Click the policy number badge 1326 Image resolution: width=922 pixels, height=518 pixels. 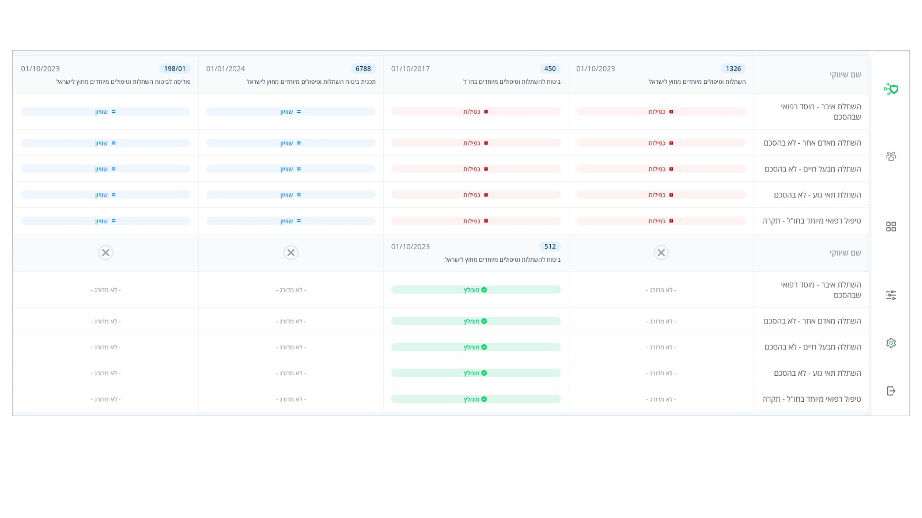(x=733, y=69)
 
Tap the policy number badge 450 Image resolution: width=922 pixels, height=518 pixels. (x=550, y=69)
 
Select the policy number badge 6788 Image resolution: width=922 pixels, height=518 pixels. (x=363, y=69)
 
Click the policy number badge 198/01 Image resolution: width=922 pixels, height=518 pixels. (x=174, y=69)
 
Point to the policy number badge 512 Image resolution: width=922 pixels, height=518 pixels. (x=550, y=246)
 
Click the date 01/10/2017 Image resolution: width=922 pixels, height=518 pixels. (x=410, y=69)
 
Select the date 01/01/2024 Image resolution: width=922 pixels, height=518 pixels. (x=225, y=69)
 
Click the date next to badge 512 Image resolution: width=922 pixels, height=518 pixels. (x=410, y=246)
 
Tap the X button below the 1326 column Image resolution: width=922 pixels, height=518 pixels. (x=661, y=252)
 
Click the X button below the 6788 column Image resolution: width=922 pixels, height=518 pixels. (x=291, y=252)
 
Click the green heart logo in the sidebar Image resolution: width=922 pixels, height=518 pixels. (x=891, y=89)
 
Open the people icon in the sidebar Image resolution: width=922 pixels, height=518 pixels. (x=891, y=156)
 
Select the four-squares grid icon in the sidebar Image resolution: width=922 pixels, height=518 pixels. (x=891, y=226)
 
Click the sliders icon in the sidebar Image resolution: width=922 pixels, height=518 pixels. (x=891, y=295)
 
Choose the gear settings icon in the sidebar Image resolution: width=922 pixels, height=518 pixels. (x=891, y=343)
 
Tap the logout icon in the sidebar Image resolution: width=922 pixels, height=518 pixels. (x=891, y=391)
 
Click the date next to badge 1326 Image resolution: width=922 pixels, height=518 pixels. (x=595, y=69)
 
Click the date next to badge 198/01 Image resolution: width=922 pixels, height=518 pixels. (x=40, y=69)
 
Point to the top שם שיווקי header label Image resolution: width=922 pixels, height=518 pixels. (x=845, y=74)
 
